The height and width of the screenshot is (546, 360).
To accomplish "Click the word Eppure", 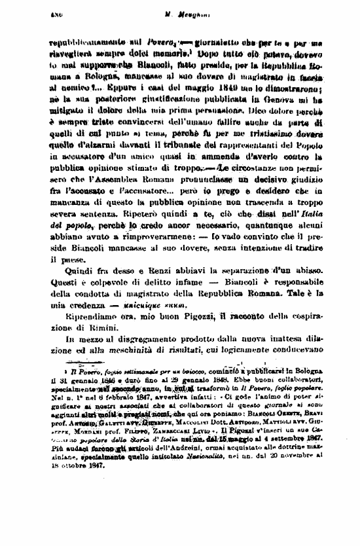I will pos(131,84).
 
